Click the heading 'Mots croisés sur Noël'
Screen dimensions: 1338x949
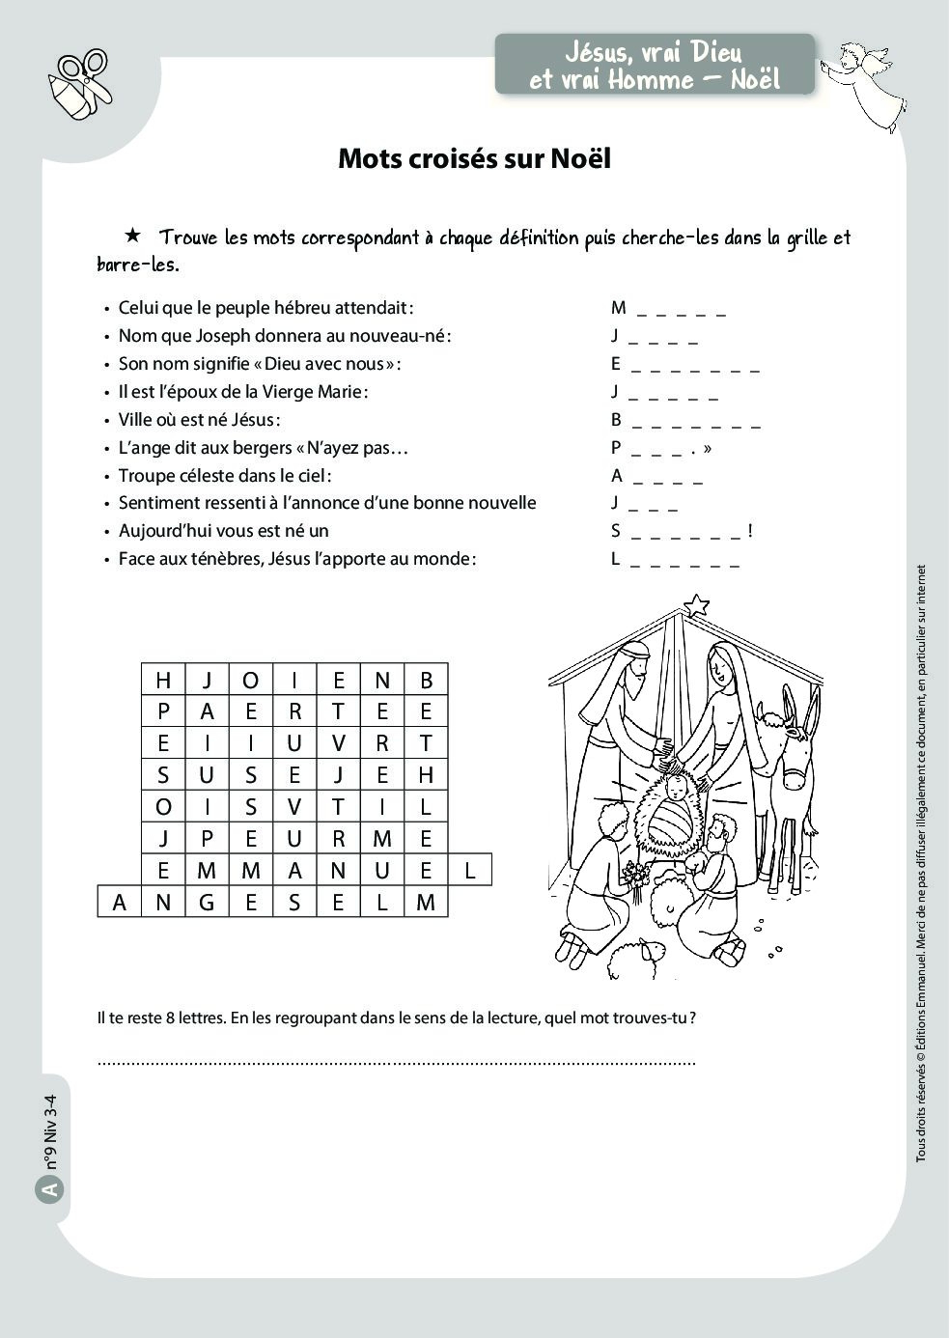coord(474,158)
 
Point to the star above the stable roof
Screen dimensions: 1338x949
coord(695,606)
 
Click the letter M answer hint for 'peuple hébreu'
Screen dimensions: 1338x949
coord(618,308)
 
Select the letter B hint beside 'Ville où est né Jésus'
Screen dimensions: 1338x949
coord(616,420)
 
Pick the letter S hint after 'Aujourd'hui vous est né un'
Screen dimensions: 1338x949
coord(616,531)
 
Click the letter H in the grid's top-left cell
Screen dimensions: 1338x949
coord(163,681)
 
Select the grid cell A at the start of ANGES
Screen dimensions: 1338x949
coord(120,903)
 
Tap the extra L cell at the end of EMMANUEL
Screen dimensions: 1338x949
coord(470,871)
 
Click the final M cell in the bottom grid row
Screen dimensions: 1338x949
coord(426,903)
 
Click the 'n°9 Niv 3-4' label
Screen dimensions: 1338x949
coord(51,1130)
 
